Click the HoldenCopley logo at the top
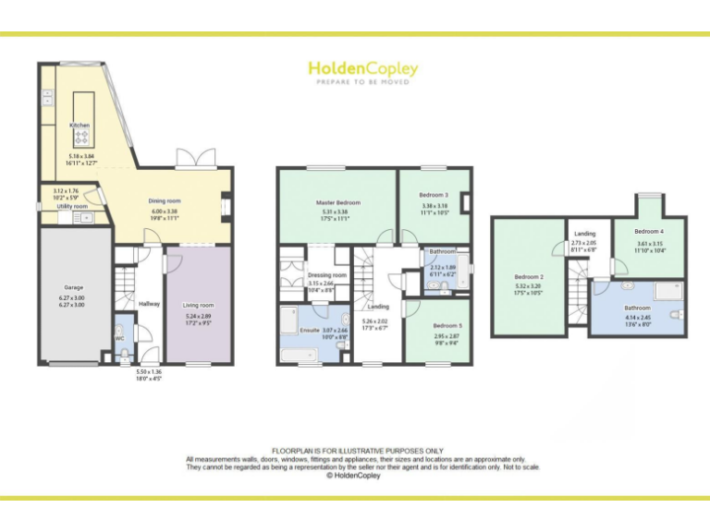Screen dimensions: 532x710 click(x=362, y=70)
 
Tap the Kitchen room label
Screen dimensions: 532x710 click(x=80, y=125)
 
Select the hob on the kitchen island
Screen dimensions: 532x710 click(x=80, y=138)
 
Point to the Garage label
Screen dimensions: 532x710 click(x=73, y=288)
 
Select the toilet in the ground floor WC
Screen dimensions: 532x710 click(x=121, y=332)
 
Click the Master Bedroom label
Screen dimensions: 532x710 click(x=337, y=202)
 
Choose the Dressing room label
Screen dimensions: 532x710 click(x=326, y=274)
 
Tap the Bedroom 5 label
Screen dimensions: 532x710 click(x=447, y=325)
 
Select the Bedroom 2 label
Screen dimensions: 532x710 click(x=528, y=276)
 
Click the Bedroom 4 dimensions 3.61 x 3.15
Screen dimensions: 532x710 click(x=649, y=244)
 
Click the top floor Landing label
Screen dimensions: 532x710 click(x=584, y=235)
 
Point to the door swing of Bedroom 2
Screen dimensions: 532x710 click(x=559, y=248)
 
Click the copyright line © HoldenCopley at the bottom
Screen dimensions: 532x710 click(x=355, y=477)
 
